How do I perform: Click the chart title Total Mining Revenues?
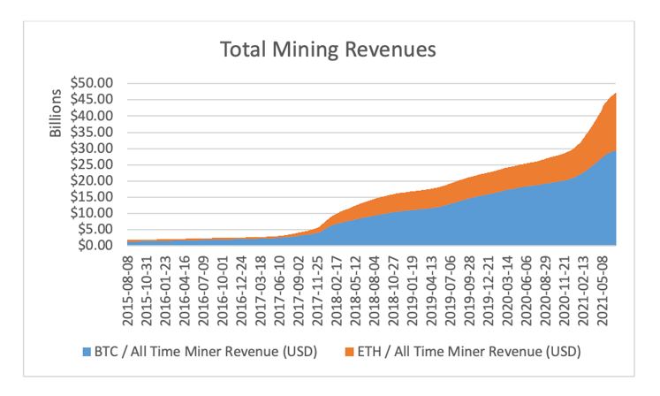click(x=328, y=49)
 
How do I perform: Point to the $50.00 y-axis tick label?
click(x=94, y=83)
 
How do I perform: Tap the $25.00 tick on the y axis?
click(x=94, y=164)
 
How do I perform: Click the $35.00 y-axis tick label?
click(x=94, y=132)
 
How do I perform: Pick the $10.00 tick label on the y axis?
click(x=94, y=213)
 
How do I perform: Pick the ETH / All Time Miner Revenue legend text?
click(x=469, y=352)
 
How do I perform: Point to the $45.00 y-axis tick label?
click(x=94, y=99)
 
